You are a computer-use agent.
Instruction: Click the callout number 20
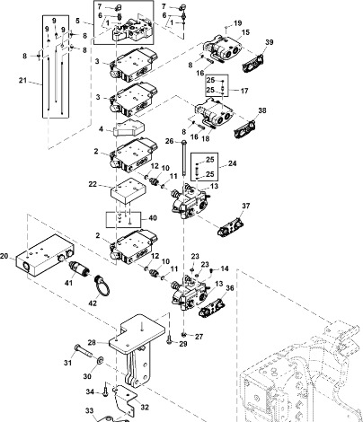4,256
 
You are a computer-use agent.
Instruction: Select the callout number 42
93,303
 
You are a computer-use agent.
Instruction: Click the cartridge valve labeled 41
78,268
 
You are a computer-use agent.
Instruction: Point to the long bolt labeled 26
183,158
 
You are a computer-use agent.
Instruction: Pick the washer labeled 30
100,360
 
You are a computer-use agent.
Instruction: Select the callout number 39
270,42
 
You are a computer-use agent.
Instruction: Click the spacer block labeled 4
128,127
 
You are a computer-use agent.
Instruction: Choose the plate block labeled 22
128,191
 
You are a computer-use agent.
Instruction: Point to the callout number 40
153,218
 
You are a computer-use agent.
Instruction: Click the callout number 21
22,80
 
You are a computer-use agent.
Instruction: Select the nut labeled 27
184,334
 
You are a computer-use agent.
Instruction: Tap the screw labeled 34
105,390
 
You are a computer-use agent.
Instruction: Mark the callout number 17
244,91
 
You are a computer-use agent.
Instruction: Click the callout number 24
233,163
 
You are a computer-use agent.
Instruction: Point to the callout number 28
92,342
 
